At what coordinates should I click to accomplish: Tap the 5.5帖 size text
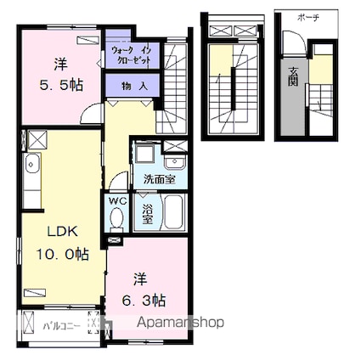click(60, 84)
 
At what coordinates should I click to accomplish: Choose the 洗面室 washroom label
click(159, 179)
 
